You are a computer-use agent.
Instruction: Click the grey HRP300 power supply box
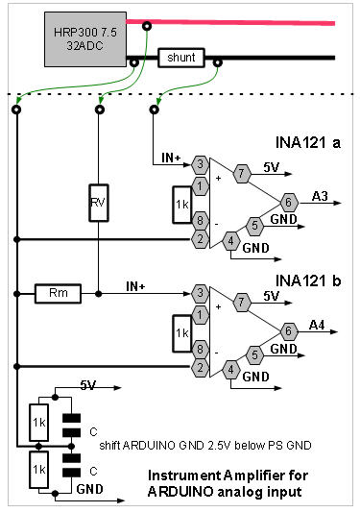point(85,39)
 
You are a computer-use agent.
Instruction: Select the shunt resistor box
point(181,58)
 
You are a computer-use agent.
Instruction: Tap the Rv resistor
point(99,203)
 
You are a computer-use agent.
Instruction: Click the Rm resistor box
point(59,294)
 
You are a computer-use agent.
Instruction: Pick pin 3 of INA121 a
point(200,164)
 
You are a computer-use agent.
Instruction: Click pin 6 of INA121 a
point(289,203)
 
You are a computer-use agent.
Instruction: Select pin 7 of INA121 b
point(242,302)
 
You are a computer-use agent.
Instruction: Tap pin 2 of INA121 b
point(200,368)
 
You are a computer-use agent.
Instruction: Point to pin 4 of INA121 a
point(230,241)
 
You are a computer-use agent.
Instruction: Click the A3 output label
point(320,196)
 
